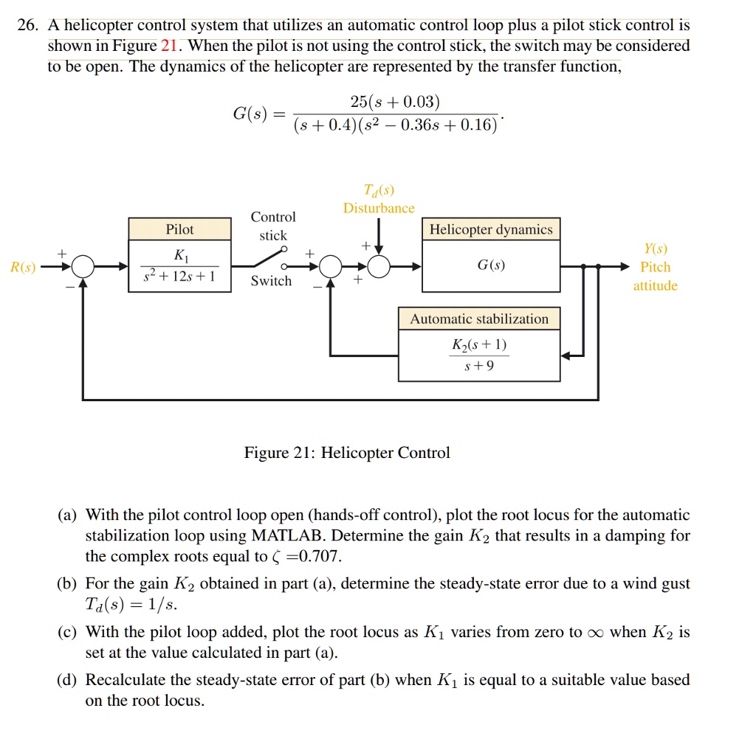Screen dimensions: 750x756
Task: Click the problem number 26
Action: coord(27,26)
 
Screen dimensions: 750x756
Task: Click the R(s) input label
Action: coord(22,267)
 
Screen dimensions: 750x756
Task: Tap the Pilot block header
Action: coord(179,229)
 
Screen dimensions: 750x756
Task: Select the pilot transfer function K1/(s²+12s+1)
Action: coord(179,266)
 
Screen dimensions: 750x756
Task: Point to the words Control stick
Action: coord(273,226)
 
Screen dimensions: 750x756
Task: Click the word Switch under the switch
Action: coord(271,281)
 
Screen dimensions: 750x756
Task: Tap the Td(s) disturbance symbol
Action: coord(379,190)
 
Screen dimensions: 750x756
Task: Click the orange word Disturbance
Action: coord(379,209)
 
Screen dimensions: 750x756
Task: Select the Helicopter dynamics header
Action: coord(491,229)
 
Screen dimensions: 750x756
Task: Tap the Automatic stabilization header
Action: coord(479,319)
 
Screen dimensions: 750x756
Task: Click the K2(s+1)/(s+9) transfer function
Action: coord(479,355)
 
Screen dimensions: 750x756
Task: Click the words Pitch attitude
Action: coord(655,277)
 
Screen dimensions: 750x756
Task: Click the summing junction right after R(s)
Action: coord(83,266)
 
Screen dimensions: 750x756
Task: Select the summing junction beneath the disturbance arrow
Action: coord(379,266)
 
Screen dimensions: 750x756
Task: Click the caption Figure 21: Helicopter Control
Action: coord(347,453)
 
